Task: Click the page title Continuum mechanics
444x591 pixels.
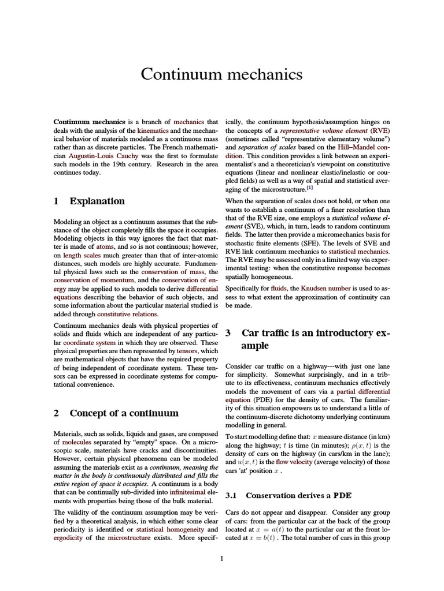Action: [x=221, y=74]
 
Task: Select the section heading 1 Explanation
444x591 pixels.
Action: [x=89, y=201]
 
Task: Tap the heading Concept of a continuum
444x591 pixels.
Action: [x=116, y=413]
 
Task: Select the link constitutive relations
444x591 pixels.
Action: [x=127, y=314]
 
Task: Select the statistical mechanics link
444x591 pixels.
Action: [x=359, y=252]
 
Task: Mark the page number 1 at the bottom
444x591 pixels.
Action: [x=221, y=558]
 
